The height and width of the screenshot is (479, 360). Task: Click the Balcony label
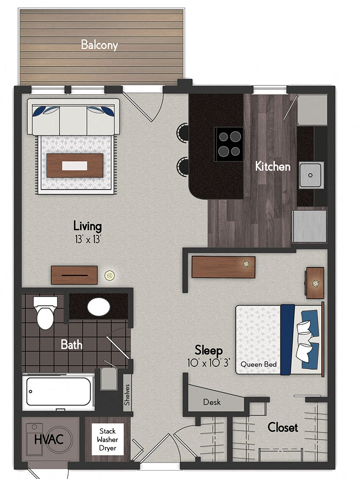pos(99,46)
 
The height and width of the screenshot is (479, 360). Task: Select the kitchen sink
pos(311,175)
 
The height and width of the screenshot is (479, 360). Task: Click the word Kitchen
pos(272,167)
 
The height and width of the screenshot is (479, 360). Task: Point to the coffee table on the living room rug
pos(75,166)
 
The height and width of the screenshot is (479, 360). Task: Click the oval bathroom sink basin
pos(98,307)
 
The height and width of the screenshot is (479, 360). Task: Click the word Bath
pos(71,344)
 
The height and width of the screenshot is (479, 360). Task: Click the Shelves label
pos(127,394)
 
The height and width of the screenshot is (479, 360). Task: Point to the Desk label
pos(211,402)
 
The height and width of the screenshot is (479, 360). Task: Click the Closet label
pos(283,427)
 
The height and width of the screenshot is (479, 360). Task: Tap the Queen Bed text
pos(258,365)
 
